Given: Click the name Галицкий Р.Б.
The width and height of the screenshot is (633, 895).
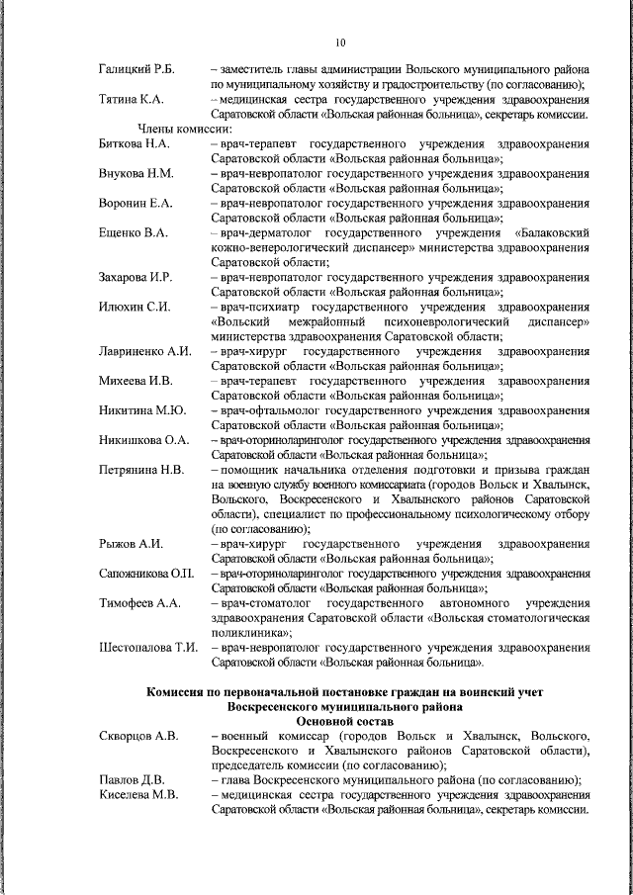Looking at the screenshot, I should click(x=136, y=68).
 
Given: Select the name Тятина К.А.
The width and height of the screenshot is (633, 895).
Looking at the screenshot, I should click(x=132, y=100).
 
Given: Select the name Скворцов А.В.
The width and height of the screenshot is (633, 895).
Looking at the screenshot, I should click(x=137, y=737).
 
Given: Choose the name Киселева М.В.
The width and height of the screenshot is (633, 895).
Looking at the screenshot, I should click(x=137, y=796).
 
